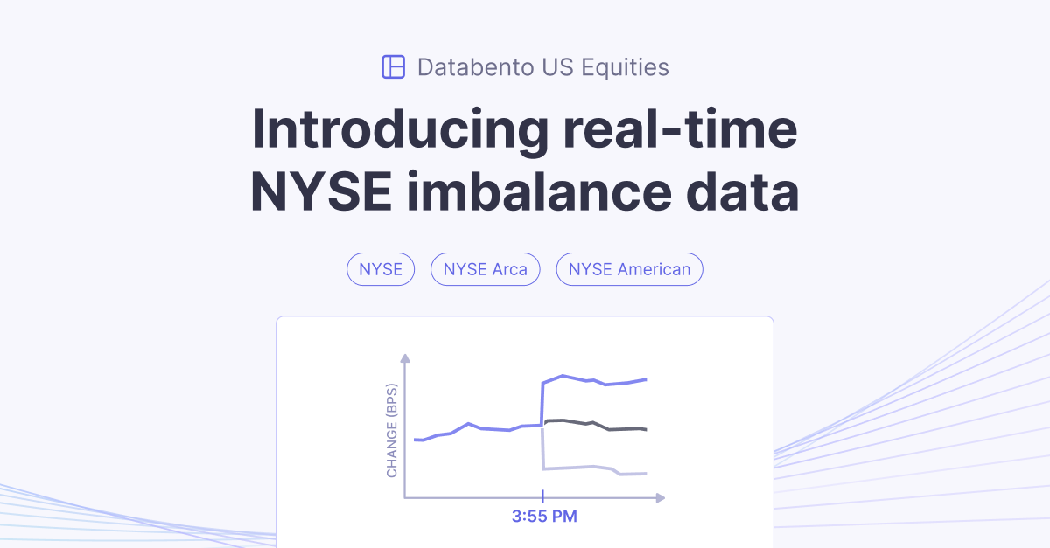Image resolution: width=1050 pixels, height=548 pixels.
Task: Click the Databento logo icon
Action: pyautogui.click(x=394, y=66)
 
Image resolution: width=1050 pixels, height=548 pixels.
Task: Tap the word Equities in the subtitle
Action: pyautogui.click(x=625, y=66)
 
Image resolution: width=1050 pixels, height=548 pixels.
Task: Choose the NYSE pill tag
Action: pyautogui.click(x=381, y=269)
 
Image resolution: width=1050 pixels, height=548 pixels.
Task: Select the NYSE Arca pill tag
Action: pyautogui.click(x=486, y=269)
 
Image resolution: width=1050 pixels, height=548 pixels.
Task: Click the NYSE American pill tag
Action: pyautogui.click(x=629, y=269)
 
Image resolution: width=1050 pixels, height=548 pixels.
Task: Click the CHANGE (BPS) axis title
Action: pyautogui.click(x=392, y=430)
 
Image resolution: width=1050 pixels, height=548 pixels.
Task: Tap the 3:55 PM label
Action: pyautogui.click(x=544, y=516)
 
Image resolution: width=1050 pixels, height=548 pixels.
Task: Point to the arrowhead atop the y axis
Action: pyautogui.click(x=404, y=358)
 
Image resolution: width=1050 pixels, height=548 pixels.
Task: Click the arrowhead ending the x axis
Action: pyautogui.click(x=660, y=498)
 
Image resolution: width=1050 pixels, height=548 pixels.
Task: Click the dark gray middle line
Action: pyautogui.click(x=595, y=426)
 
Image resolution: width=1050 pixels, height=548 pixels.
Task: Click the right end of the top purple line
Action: pyautogui.click(x=645, y=379)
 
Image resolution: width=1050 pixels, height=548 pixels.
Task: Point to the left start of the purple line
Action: pyautogui.click(x=416, y=440)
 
